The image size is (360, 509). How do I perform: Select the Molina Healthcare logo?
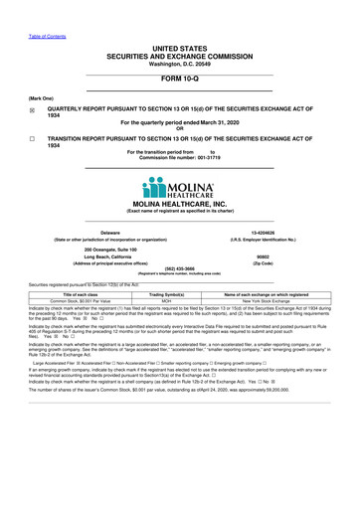pos(179,188)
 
